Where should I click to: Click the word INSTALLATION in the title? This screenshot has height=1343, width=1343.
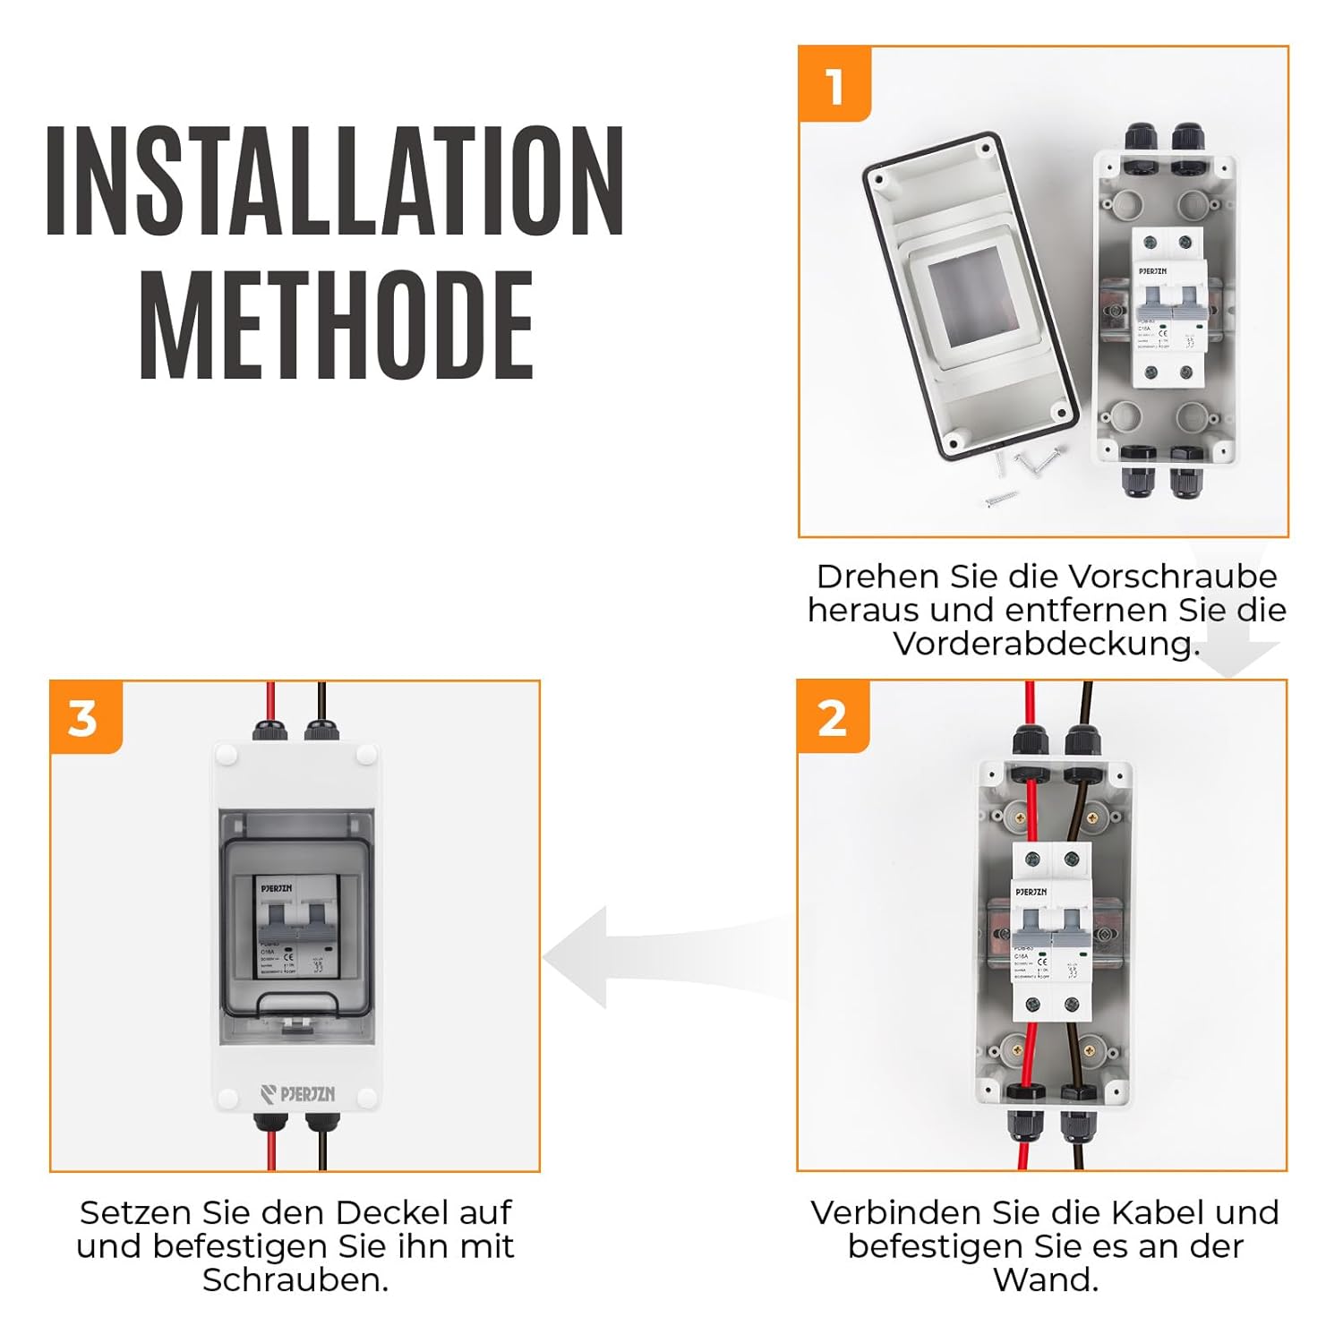pos(334,182)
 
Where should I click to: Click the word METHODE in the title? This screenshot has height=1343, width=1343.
pos(337,327)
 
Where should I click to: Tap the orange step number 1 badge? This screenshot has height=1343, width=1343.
pos(834,85)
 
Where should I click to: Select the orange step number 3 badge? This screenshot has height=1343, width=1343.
pos(84,718)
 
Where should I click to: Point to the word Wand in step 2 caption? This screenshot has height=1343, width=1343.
pos(1045,1280)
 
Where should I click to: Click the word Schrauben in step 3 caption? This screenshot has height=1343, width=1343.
pos(295,1280)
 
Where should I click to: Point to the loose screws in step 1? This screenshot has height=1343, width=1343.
pos(1021,475)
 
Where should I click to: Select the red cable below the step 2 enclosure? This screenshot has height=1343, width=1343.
pos(1022,1151)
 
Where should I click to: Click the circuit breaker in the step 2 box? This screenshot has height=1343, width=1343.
pos(1049,931)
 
